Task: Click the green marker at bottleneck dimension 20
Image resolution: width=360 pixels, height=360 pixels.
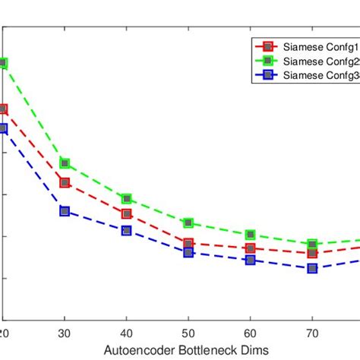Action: click(3, 63)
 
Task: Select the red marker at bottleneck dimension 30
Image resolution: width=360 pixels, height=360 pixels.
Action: click(65, 182)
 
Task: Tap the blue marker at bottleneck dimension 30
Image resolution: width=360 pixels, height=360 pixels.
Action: click(65, 211)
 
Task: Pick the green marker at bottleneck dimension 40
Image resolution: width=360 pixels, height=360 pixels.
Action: click(127, 198)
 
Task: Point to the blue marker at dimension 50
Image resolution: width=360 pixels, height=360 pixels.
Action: click(188, 252)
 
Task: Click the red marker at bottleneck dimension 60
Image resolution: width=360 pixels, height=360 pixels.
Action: click(251, 248)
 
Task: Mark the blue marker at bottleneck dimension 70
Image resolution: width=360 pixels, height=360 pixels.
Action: click(312, 268)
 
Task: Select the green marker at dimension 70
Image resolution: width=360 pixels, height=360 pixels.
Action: click(312, 245)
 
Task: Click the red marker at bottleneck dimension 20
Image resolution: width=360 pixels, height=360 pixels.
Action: click(3, 109)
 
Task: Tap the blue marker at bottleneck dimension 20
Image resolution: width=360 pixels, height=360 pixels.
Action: click(3, 128)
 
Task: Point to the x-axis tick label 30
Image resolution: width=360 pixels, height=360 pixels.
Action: click(65, 333)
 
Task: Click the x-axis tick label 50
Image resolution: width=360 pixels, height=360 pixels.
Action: click(188, 333)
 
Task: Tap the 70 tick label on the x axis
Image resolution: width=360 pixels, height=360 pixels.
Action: click(312, 333)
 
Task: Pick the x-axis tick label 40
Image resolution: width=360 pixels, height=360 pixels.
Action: click(127, 333)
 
